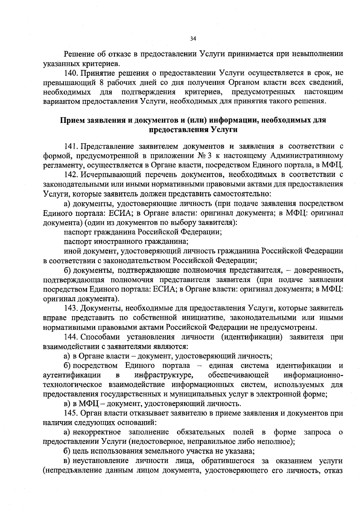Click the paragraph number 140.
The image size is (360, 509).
[71, 73]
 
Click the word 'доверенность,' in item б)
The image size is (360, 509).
[318, 270]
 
